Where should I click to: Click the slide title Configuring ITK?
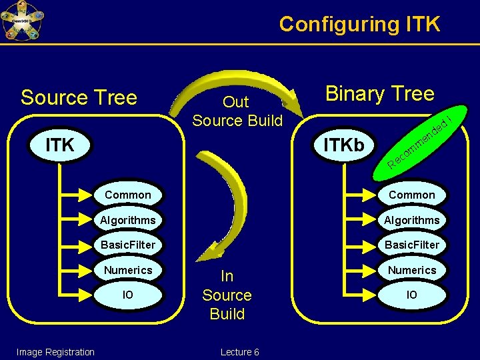click(x=359, y=24)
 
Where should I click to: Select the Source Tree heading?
click(x=79, y=97)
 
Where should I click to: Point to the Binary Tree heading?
click(x=379, y=93)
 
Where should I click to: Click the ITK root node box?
click(x=60, y=144)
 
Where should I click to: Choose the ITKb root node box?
click(x=344, y=144)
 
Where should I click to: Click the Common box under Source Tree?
click(x=127, y=195)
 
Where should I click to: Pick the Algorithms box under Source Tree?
click(x=127, y=220)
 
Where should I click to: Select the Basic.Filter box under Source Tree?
click(x=127, y=245)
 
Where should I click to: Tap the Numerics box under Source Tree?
click(x=127, y=270)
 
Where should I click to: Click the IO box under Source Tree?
click(x=127, y=295)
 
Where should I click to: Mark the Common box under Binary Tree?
click(x=411, y=195)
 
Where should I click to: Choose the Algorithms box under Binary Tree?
click(x=411, y=220)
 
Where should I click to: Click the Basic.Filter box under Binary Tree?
click(x=411, y=245)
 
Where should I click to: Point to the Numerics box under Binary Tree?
click(x=411, y=270)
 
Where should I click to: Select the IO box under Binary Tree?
click(x=411, y=295)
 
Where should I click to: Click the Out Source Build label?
click(x=237, y=111)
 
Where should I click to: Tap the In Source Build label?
click(x=227, y=295)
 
